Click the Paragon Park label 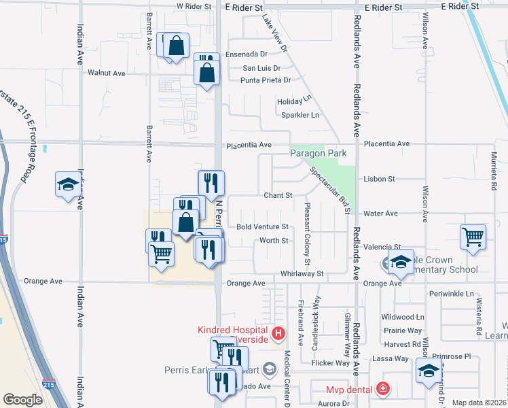319,154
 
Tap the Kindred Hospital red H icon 278,333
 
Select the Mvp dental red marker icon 383,389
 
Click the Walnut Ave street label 107,73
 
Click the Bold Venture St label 262,226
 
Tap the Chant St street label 278,195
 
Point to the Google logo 22,400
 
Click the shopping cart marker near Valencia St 473,237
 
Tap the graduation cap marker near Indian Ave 68,184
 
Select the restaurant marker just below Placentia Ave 211,182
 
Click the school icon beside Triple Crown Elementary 401,262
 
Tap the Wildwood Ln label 403,317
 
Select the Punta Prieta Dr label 266,80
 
